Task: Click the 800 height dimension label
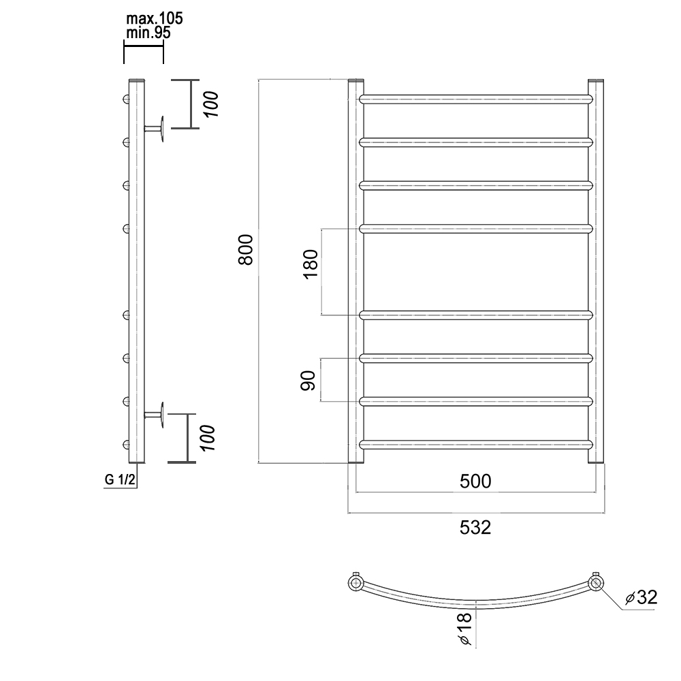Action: pyautogui.click(x=246, y=250)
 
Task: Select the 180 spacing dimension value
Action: pyautogui.click(x=311, y=264)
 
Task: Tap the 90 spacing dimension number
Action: pyautogui.click(x=308, y=381)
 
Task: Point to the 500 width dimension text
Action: pyautogui.click(x=475, y=481)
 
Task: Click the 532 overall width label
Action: pyautogui.click(x=475, y=528)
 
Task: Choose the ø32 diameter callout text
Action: pyautogui.click(x=641, y=598)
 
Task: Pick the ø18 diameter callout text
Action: pyautogui.click(x=464, y=629)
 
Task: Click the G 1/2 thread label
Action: pyautogui.click(x=121, y=480)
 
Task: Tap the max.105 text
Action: pyautogui.click(x=154, y=18)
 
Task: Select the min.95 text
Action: pyautogui.click(x=148, y=33)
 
